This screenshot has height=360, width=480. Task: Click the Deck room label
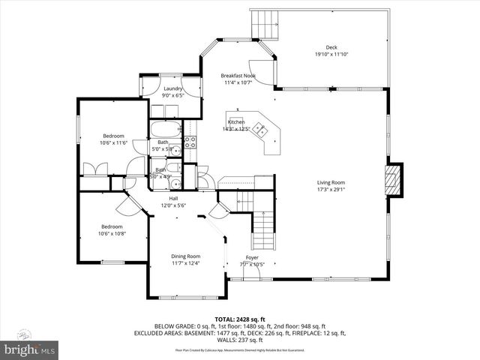(331, 47)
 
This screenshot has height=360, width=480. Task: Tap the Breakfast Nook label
(239, 75)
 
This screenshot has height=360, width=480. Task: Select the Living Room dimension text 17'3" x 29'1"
(330, 190)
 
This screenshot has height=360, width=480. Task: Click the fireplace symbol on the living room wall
(392, 180)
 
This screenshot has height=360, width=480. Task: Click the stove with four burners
(190, 142)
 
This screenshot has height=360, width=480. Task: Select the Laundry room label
(172, 89)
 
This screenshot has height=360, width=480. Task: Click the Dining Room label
(186, 256)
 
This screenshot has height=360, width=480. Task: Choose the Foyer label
(253, 257)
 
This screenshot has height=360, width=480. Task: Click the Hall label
(173, 198)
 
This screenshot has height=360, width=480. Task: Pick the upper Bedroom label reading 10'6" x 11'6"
(113, 142)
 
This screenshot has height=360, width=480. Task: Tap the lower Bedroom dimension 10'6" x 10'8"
(112, 233)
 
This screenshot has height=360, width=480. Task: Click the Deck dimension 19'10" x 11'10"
(331, 54)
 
